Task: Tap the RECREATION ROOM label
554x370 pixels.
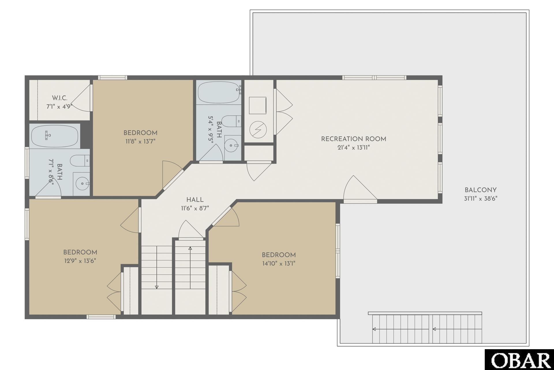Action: pyautogui.click(x=353, y=139)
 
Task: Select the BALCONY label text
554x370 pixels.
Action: pyautogui.click(x=480, y=190)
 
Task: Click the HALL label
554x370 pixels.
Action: pyautogui.click(x=195, y=200)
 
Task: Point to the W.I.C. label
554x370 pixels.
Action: pyautogui.click(x=59, y=98)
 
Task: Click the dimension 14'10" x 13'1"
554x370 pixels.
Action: pyautogui.click(x=278, y=264)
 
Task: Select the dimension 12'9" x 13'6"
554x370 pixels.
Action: pyautogui.click(x=80, y=261)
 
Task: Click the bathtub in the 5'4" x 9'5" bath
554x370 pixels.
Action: pyautogui.click(x=219, y=92)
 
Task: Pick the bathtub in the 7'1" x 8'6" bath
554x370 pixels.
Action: pyautogui.click(x=55, y=136)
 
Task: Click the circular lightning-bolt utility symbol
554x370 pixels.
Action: pyautogui.click(x=258, y=129)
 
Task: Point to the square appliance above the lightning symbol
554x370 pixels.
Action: pyautogui.click(x=258, y=106)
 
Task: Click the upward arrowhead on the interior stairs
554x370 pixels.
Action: pyautogui.click(x=190, y=248)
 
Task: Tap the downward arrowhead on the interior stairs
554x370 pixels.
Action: pyautogui.click(x=157, y=287)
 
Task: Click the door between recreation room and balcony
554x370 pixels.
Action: pyautogui.click(x=360, y=189)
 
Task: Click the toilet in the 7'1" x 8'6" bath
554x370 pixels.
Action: pyautogui.click(x=80, y=160)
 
